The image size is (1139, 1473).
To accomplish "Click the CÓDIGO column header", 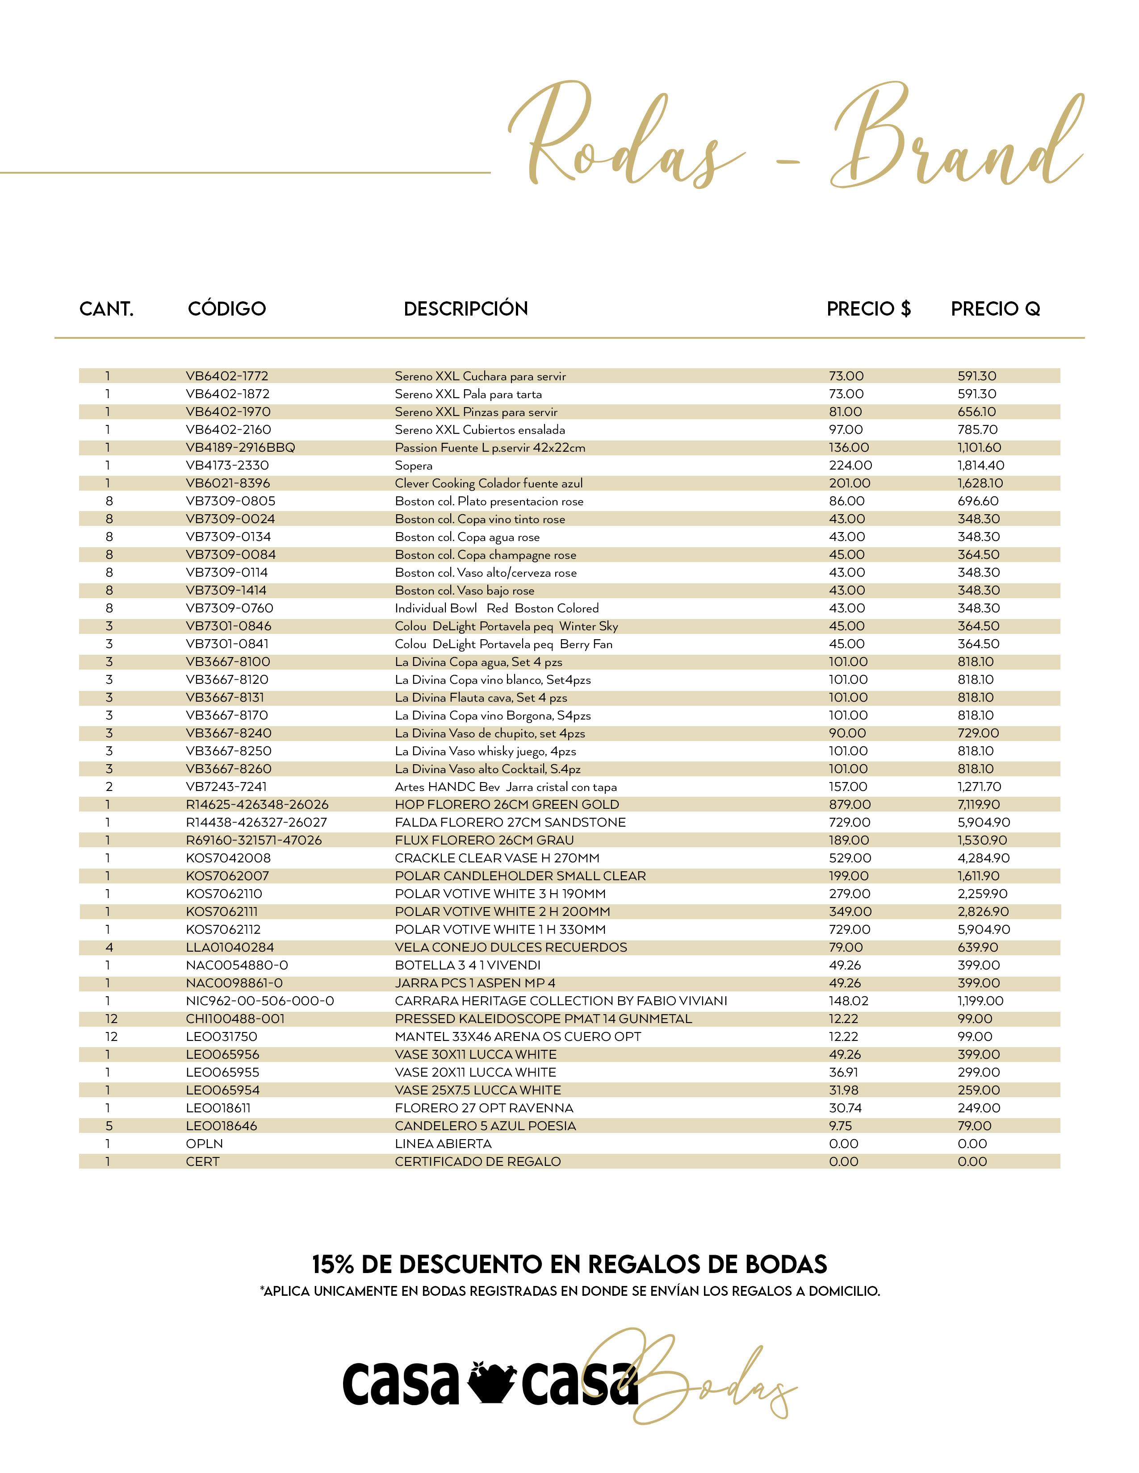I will tap(227, 309).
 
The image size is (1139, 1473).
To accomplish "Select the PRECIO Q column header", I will tap(995, 309).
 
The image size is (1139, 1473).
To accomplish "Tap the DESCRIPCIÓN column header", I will tap(465, 309).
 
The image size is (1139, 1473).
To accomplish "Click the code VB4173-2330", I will tap(227, 466).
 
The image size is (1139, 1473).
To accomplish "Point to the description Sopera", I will tap(414, 466).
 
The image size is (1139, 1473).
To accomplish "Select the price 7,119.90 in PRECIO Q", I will tap(978, 805).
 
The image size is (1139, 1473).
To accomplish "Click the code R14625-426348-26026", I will tap(257, 805).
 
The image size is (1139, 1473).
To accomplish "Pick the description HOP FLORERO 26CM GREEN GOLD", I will tap(507, 805).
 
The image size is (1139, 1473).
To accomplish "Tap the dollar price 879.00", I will tap(850, 805).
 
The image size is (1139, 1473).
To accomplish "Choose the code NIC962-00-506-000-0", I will tap(260, 1001).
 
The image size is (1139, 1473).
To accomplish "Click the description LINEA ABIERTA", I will tap(444, 1144).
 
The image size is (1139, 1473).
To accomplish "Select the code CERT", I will tap(202, 1161).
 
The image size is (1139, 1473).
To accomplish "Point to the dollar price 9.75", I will tap(840, 1126).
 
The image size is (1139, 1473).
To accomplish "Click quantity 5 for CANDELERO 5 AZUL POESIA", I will tap(109, 1126).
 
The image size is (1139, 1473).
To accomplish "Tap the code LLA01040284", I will tap(230, 948).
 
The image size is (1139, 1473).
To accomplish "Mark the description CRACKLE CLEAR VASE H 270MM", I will tap(497, 858).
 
